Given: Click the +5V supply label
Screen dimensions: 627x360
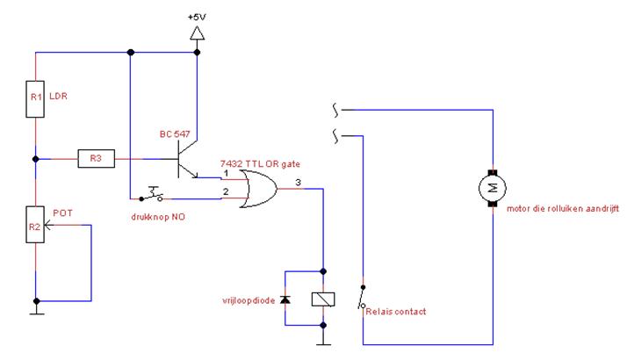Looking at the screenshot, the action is pos(197,18).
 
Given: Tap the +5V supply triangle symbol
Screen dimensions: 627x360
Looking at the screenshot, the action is pos(197,33).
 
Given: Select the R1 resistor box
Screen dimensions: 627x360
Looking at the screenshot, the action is pos(35,99).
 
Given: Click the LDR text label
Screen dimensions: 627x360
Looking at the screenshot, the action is pos(58,96).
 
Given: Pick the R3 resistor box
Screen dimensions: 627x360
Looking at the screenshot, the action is pos(96,158).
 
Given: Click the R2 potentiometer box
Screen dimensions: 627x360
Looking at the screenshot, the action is pos(35,225).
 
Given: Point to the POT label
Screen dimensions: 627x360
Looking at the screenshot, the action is pos(62,212).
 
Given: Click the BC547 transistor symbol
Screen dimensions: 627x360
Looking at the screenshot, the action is pos(187,159).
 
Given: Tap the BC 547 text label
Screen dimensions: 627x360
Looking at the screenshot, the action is pos(175,134).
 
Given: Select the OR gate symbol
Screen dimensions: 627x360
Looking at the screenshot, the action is pos(259,189).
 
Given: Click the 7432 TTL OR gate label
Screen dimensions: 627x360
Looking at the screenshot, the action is pos(260,163).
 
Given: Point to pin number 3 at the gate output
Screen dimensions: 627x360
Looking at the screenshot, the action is pos(298,183).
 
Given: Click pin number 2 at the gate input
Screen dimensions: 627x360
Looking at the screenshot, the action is pos(226,191).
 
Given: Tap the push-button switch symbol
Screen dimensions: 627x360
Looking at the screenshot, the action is pos(151,195).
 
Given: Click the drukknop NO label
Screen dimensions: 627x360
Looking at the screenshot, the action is pos(158,217).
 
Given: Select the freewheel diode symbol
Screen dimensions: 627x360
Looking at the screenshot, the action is pos(285,299).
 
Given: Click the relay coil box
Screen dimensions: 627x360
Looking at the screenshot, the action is pos(323,299).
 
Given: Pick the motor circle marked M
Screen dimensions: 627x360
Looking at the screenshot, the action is pos(493,188).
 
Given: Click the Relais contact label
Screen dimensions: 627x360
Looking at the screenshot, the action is pos(396,312).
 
